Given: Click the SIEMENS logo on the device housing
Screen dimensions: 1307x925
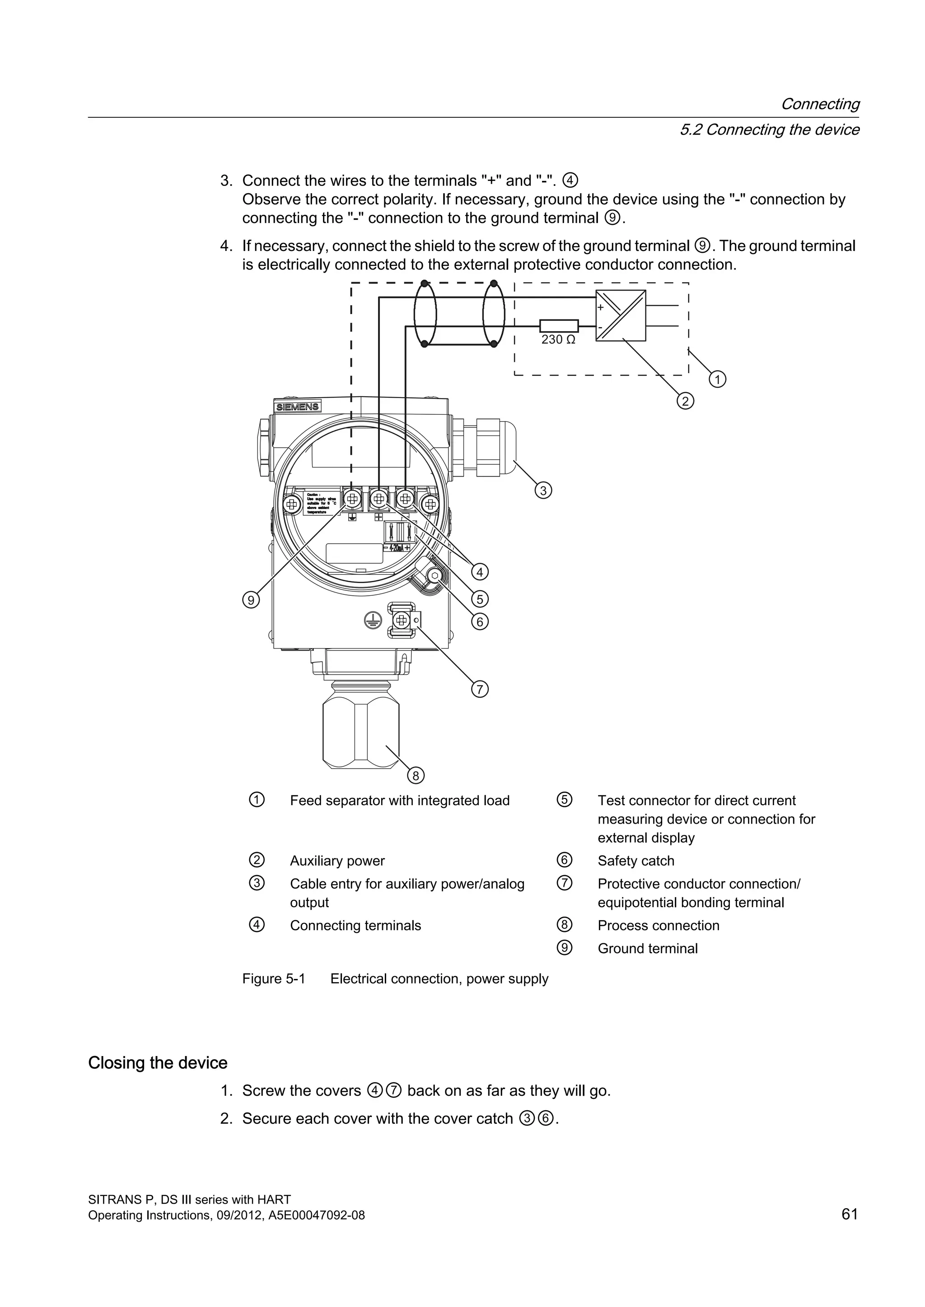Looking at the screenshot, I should (297, 407).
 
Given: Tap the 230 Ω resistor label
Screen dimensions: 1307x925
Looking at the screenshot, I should (558, 340).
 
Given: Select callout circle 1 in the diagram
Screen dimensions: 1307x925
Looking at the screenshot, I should (717, 379).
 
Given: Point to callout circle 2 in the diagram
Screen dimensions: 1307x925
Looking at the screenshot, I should (685, 401).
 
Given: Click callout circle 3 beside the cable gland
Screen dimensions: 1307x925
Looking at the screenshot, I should (543, 490).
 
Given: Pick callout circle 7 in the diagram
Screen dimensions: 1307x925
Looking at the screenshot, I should (480, 689).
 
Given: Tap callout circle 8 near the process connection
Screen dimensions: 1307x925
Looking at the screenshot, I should (416, 776).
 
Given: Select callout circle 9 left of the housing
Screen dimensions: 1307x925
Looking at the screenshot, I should (251, 599).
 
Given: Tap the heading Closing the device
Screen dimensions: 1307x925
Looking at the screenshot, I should (158, 1063).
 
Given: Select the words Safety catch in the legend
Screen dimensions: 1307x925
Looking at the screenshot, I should (635, 861).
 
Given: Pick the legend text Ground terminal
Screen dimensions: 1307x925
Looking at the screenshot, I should (647, 948).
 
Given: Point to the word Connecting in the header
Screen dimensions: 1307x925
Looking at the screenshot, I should (820, 104).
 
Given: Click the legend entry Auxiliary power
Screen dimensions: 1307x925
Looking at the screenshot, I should (337, 861).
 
